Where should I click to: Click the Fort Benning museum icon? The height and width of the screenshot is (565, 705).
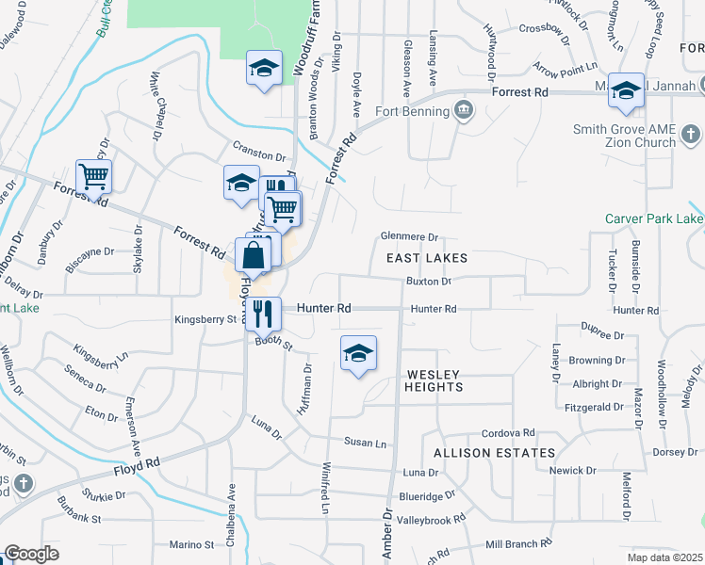click(x=463, y=111)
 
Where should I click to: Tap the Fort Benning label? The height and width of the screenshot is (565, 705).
click(x=410, y=111)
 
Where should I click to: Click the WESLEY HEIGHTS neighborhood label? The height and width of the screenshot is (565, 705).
click(x=434, y=380)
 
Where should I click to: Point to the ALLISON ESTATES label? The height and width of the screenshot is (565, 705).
click(x=494, y=453)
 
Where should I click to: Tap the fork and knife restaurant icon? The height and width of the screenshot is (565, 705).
click(x=263, y=312)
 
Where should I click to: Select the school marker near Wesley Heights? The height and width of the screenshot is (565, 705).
click(x=358, y=353)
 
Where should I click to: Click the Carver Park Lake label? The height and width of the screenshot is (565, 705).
click(x=654, y=218)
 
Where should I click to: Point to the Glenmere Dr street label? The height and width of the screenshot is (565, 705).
click(x=410, y=237)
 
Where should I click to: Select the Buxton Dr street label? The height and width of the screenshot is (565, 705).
click(x=429, y=281)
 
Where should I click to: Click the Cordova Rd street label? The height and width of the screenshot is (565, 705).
click(x=508, y=433)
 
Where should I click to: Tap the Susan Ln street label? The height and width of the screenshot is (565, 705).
click(x=365, y=443)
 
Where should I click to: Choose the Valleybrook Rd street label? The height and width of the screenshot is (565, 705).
click(x=432, y=519)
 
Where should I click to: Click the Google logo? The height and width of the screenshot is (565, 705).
click(x=31, y=554)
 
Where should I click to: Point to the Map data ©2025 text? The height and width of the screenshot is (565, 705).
click(x=664, y=557)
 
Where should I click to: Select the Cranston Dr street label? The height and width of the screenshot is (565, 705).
click(x=259, y=155)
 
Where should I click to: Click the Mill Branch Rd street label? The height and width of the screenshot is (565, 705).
click(x=517, y=544)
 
